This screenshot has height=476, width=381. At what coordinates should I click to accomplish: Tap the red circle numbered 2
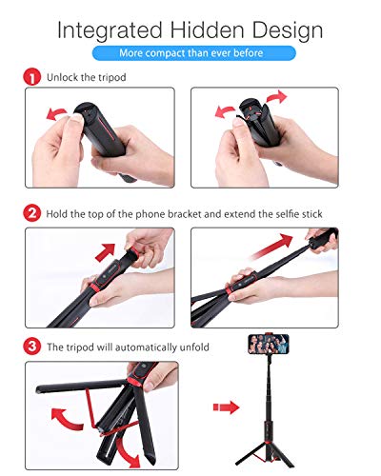30,212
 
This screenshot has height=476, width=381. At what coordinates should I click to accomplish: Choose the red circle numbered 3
30,347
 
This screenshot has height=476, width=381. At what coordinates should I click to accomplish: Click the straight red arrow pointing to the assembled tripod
226,407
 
